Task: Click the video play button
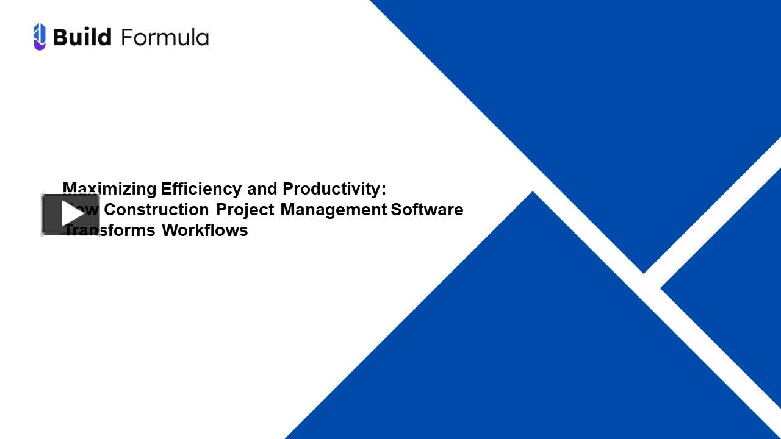[x=70, y=214]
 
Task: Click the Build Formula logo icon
[x=40, y=37]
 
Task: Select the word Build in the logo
[x=82, y=37]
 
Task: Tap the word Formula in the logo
[x=165, y=37]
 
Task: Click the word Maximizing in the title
[x=110, y=189]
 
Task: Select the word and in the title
[x=262, y=189]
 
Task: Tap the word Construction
[x=157, y=210]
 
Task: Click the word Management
[x=333, y=210]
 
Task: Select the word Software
[x=427, y=210]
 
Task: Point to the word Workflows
[x=205, y=230]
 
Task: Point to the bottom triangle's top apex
[x=533, y=194]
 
